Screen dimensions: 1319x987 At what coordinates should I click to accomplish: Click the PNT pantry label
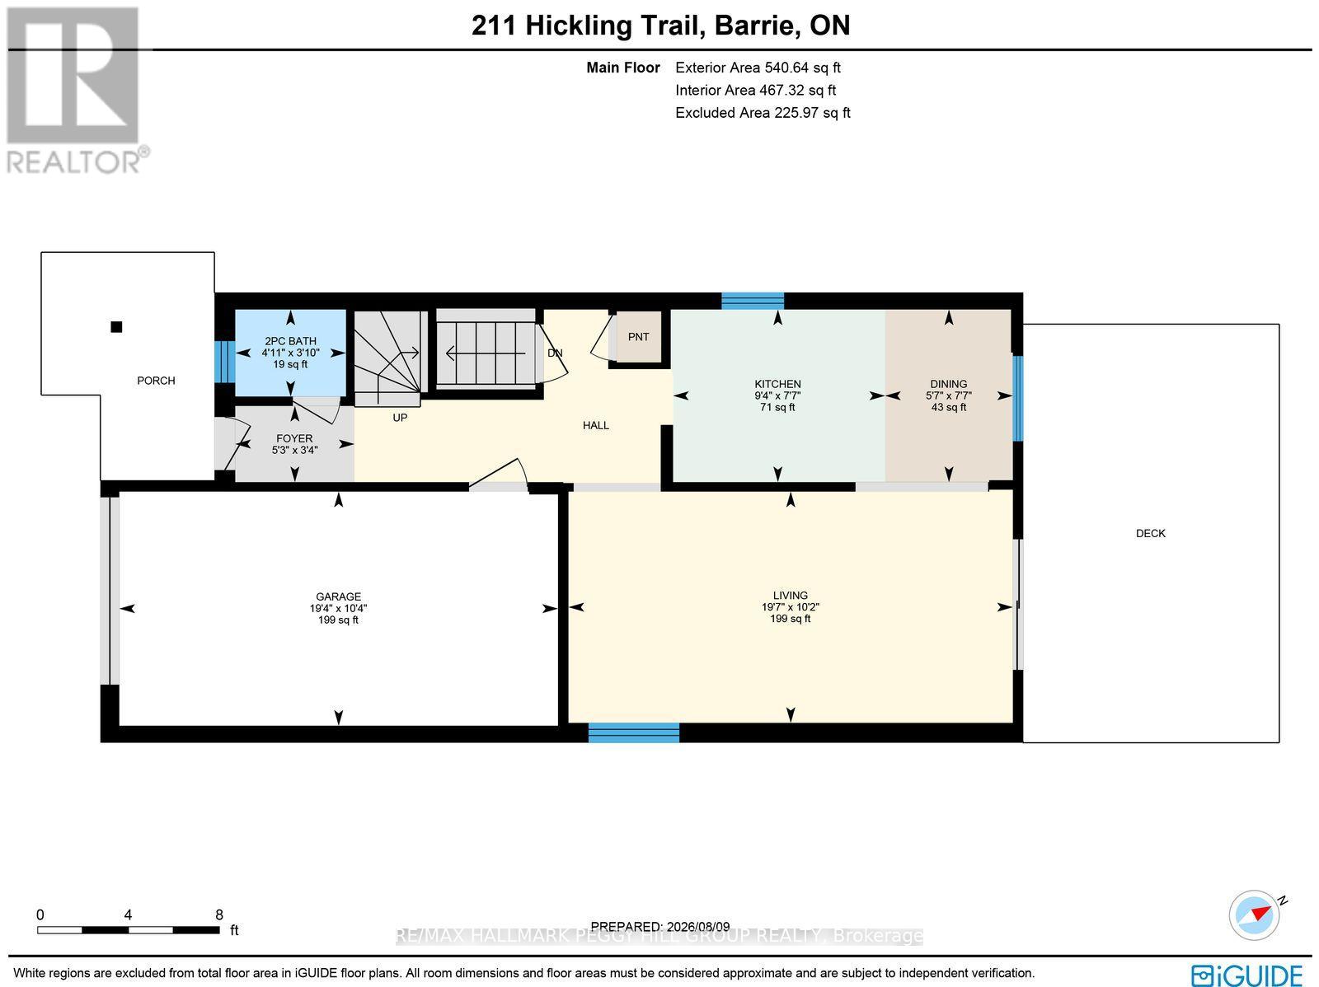click(638, 337)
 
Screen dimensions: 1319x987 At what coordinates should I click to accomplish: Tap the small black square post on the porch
click(116, 326)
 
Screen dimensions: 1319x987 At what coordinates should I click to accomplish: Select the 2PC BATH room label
click(290, 341)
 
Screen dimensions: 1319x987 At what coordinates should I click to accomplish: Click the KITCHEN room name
click(777, 384)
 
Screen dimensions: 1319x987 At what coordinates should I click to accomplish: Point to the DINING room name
click(949, 384)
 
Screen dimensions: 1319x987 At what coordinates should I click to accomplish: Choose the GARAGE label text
click(338, 596)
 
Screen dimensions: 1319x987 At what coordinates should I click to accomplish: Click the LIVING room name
click(791, 596)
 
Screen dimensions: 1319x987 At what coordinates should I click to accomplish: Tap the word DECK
click(1151, 533)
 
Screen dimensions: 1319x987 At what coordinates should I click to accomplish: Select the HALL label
click(595, 426)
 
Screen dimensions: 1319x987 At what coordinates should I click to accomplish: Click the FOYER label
click(294, 439)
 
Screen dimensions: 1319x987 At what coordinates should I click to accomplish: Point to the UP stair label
click(400, 418)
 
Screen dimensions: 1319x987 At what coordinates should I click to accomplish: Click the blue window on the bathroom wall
click(225, 362)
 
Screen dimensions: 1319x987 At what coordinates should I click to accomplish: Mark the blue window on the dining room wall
click(1017, 399)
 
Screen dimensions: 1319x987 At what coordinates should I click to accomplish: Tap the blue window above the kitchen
click(753, 301)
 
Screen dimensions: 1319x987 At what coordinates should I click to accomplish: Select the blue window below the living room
click(633, 732)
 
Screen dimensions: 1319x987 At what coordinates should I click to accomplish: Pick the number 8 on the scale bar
click(219, 914)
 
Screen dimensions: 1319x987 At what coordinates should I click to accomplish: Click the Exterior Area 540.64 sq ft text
click(758, 68)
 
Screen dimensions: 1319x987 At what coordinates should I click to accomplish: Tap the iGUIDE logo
click(1246, 974)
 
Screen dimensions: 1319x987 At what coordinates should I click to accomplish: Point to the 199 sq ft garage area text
click(338, 620)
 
